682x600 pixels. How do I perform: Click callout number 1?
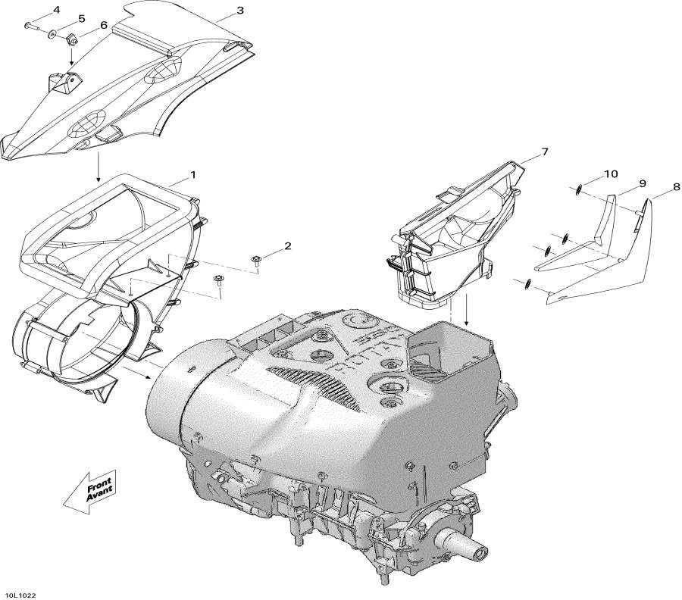click(x=193, y=175)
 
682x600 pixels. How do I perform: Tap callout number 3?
click(x=239, y=11)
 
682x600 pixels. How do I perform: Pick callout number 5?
click(x=81, y=18)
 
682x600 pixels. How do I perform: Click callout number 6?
click(x=104, y=25)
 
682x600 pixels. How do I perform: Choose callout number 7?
click(x=544, y=153)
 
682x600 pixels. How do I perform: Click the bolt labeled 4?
click(x=31, y=27)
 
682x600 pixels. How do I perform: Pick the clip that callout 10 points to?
click(x=578, y=189)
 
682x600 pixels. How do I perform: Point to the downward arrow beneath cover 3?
click(x=98, y=168)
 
